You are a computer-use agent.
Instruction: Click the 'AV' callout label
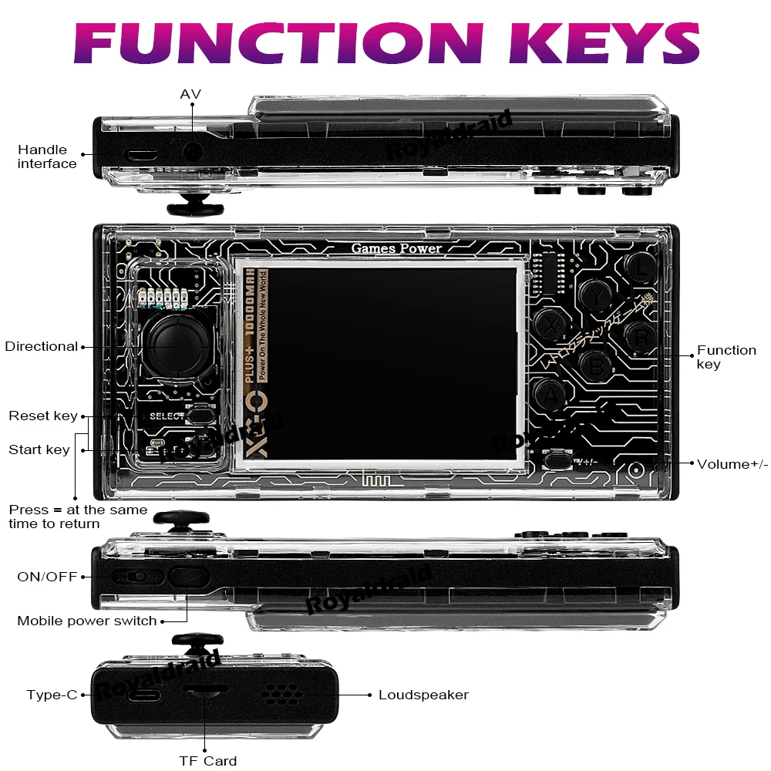click(190, 94)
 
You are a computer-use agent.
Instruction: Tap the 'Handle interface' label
click(47, 157)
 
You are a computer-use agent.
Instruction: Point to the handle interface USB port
click(142, 153)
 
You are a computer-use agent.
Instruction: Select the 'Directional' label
click(42, 346)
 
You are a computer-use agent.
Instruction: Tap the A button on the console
click(550, 396)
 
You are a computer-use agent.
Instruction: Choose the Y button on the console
click(595, 294)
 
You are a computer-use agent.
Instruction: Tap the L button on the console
click(641, 267)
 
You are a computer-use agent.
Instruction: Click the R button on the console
click(641, 336)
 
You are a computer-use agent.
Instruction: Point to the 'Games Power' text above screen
click(396, 248)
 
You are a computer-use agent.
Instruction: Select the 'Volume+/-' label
click(732, 464)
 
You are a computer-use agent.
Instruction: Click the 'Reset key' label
click(43, 416)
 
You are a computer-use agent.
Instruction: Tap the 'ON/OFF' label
click(47, 577)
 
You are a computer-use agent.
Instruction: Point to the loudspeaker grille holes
click(282, 694)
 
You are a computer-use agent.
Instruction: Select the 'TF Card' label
click(208, 761)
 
